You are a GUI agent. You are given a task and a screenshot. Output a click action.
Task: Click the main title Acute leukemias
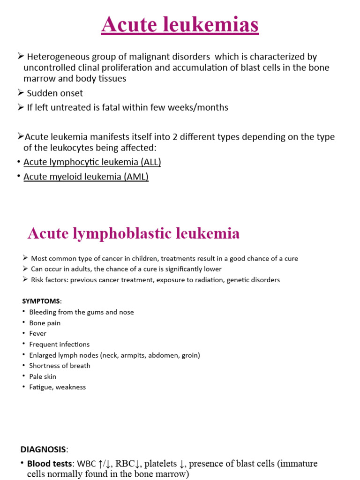pos(180,25)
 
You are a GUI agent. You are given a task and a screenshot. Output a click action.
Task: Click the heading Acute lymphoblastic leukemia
pos(134,233)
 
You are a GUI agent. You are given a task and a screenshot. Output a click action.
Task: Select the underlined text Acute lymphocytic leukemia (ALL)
pos(92,162)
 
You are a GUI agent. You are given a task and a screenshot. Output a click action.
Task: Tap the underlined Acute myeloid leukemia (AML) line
pos(86,177)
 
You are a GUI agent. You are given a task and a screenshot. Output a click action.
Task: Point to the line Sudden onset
pos(55,93)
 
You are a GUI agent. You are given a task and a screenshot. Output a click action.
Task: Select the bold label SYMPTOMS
pos(41,300)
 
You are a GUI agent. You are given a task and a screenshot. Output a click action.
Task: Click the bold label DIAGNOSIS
pos(43,450)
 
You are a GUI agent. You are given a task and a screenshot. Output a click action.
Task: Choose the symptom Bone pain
pos(45,323)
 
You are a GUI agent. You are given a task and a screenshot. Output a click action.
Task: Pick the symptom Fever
pos(37,334)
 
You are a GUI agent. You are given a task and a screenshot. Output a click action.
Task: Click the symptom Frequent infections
pos(59,345)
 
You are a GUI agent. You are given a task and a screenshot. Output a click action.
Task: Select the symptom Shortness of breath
pos(60,366)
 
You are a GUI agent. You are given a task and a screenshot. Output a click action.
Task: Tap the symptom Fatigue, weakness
pos(57,387)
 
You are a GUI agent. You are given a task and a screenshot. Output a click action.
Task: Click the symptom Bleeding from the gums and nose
pos(81,312)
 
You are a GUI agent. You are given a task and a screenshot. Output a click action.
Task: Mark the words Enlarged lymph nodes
pos(61,355)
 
